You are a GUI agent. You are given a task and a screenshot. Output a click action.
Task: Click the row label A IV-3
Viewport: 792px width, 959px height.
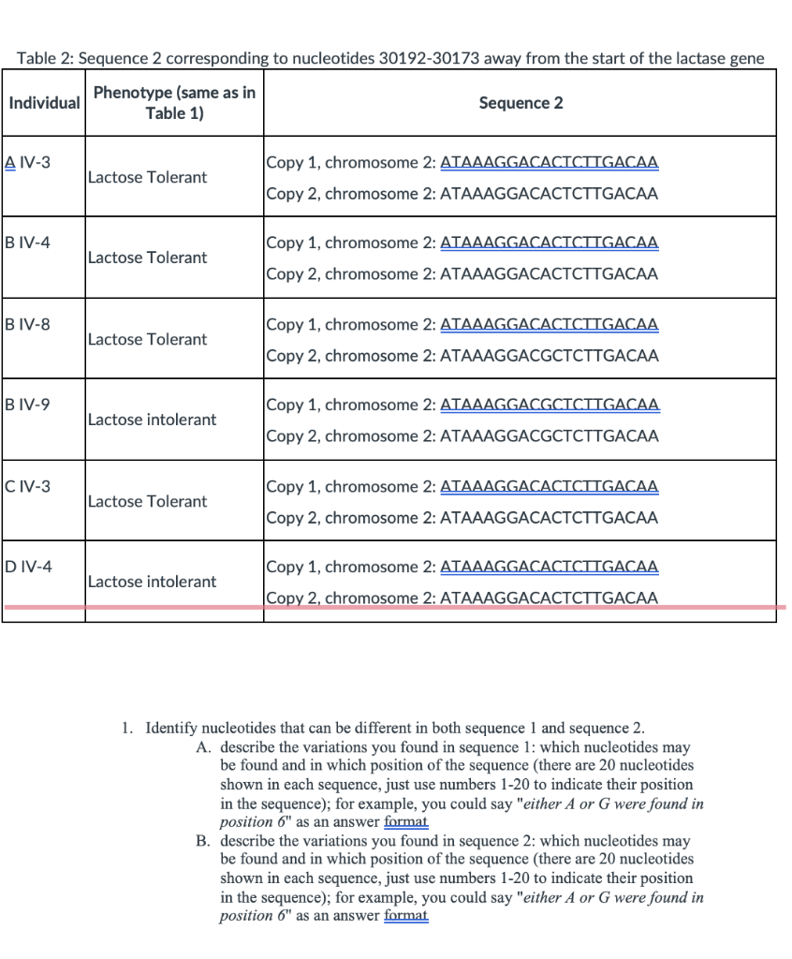coord(28,162)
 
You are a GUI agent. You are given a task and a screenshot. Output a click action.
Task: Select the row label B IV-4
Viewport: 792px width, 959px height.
coord(28,243)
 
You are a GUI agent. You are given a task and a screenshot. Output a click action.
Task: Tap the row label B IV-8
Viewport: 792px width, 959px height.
coord(28,324)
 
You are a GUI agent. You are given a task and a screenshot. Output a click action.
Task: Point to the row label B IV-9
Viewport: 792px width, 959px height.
coord(28,405)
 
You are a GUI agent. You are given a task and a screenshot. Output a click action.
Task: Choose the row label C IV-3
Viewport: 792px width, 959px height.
coord(28,486)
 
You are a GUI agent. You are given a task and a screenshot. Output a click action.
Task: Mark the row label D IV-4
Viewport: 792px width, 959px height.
coord(29,567)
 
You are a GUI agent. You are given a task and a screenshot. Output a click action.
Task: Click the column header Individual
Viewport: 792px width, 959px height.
coord(44,102)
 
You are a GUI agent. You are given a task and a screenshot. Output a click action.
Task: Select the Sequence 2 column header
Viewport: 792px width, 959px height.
coord(521,102)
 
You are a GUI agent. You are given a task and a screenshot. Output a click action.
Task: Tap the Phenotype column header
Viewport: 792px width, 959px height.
coord(174,102)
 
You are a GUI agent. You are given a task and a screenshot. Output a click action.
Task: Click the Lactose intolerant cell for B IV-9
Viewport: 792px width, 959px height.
coord(152,420)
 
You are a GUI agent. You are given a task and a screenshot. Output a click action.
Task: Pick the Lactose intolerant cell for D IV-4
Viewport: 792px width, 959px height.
coord(152,582)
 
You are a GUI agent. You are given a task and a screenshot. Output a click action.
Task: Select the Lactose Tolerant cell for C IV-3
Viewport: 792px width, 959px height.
coord(147,501)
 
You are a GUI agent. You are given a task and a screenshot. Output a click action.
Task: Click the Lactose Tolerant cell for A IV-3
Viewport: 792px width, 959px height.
coord(147,177)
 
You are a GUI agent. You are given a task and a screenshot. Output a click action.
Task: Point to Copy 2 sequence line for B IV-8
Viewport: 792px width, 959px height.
coord(462,355)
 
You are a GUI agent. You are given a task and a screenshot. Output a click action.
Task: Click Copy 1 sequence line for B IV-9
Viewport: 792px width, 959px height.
coord(462,405)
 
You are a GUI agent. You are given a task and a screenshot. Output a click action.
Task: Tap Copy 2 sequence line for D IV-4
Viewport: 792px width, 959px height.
coord(462,598)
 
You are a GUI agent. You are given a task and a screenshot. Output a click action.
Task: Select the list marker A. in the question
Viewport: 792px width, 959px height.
coord(203,747)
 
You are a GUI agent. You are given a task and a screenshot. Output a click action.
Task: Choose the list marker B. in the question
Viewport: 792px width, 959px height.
coord(203,840)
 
